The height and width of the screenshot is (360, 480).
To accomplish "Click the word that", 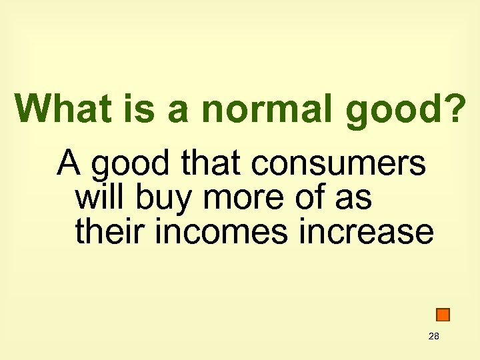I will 204,163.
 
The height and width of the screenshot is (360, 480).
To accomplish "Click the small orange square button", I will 443,315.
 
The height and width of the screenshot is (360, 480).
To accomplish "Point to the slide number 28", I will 434,337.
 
